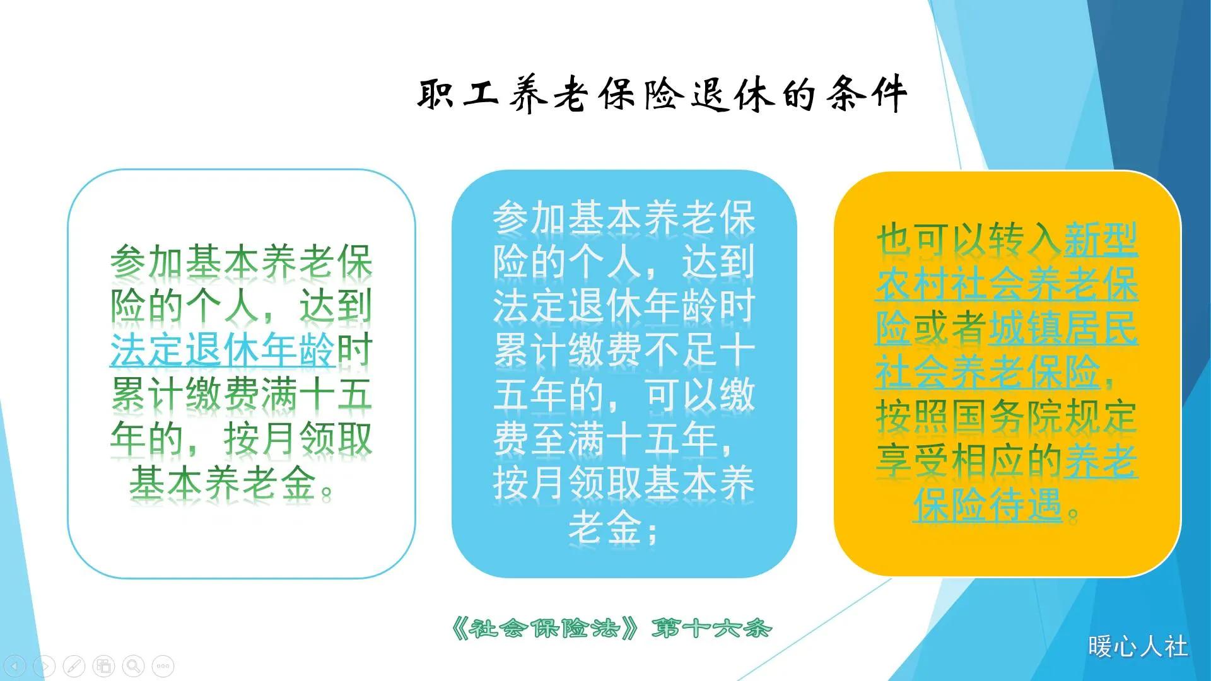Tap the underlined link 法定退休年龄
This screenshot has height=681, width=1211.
(x=222, y=351)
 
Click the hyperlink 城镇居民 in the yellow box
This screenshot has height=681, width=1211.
(x=1062, y=328)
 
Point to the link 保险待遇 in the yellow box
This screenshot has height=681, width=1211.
(x=988, y=504)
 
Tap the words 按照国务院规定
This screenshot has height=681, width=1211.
(x=1007, y=416)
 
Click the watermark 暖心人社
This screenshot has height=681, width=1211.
(x=1138, y=647)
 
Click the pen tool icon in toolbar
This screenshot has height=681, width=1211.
(x=74, y=666)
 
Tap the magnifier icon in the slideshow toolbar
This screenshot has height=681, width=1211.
(x=133, y=666)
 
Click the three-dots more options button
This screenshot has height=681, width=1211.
(x=163, y=666)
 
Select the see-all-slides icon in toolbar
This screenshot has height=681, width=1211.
(x=104, y=666)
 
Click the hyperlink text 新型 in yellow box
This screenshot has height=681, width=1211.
(x=1101, y=240)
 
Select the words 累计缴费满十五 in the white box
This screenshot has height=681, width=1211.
(x=241, y=395)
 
